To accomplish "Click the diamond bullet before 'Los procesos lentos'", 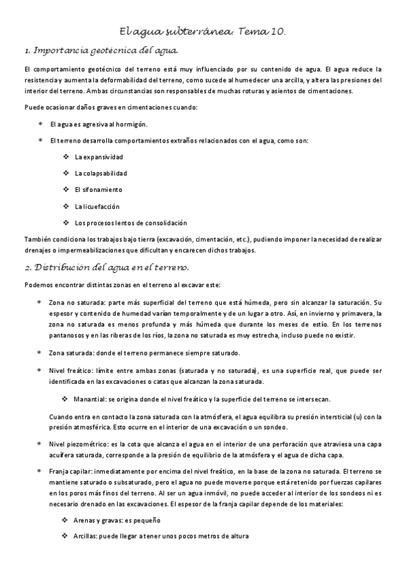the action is tap(66, 222).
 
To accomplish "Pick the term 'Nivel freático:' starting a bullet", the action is tap(69, 371).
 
